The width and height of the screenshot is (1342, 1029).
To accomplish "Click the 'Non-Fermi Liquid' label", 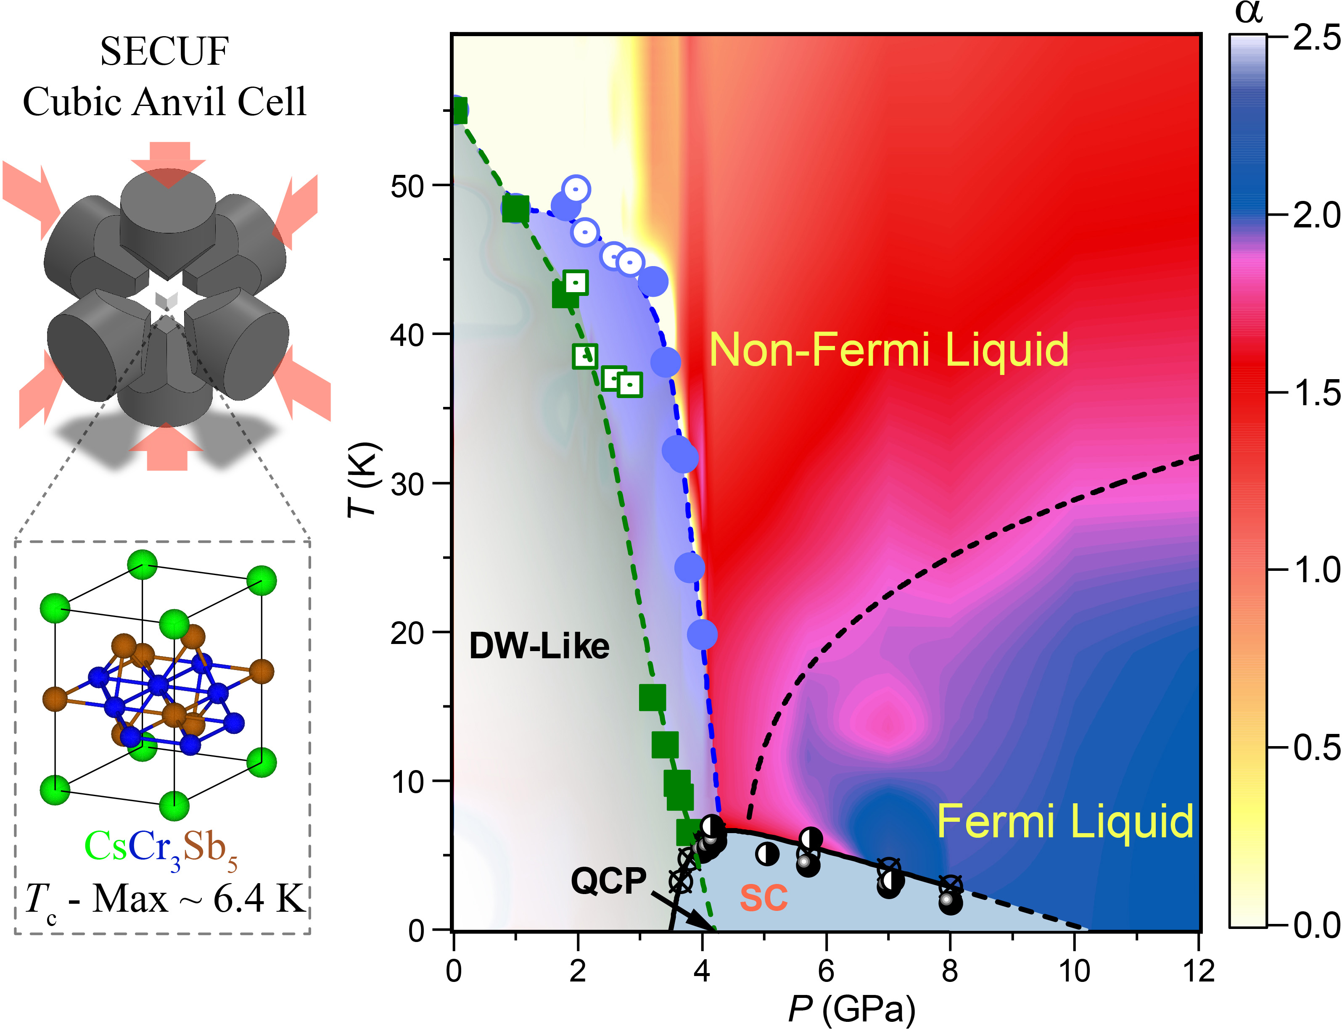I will click(x=888, y=350).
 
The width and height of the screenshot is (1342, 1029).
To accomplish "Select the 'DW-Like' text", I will click(x=539, y=646).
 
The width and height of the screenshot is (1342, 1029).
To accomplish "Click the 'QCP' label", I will click(x=608, y=881).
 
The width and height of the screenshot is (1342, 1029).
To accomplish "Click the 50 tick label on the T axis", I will click(x=408, y=186).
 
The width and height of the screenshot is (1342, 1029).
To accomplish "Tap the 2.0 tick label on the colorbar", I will click(x=1316, y=216).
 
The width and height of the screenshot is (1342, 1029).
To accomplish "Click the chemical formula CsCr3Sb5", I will click(x=161, y=848).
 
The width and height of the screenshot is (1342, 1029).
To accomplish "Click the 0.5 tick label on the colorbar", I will click(x=1316, y=748).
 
